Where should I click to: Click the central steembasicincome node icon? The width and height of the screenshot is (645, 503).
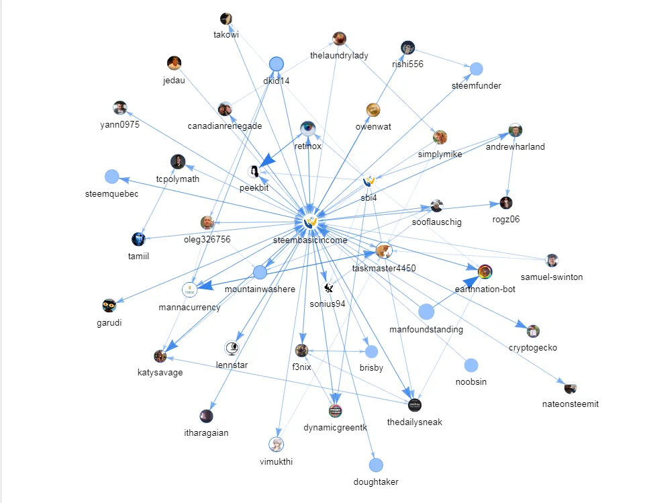[310, 222]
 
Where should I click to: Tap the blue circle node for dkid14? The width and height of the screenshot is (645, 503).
[276, 64]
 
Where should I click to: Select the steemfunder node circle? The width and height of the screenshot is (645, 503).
[476, 68]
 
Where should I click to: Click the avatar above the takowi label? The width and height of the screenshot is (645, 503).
[226, 19]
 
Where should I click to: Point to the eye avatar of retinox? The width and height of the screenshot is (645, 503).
[308, 128]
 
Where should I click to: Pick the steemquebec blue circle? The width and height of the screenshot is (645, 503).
[112, 177]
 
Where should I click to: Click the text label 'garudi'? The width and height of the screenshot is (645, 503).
[109, 323]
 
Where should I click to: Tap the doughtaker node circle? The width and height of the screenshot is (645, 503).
[376, 465]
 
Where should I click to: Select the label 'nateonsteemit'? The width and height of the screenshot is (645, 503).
[570, 404]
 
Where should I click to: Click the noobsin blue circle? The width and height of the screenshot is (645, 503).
[471, 365]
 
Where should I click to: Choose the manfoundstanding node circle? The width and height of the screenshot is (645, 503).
[426, 312]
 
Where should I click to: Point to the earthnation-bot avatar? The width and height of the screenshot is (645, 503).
[485, 272]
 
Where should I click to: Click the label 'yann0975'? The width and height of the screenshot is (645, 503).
[120, 124]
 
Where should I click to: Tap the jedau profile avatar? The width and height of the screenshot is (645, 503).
[174, 63]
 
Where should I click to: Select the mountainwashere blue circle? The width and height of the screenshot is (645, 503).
[260, 272]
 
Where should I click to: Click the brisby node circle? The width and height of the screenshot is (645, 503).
[371, 351]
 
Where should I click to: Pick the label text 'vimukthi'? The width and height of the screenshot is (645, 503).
[276, 461]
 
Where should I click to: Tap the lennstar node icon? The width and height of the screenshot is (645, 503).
[232, 348]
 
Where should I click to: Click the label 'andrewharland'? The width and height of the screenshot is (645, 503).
[515, 146]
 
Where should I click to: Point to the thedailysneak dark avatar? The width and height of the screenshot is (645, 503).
[415, 405]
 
